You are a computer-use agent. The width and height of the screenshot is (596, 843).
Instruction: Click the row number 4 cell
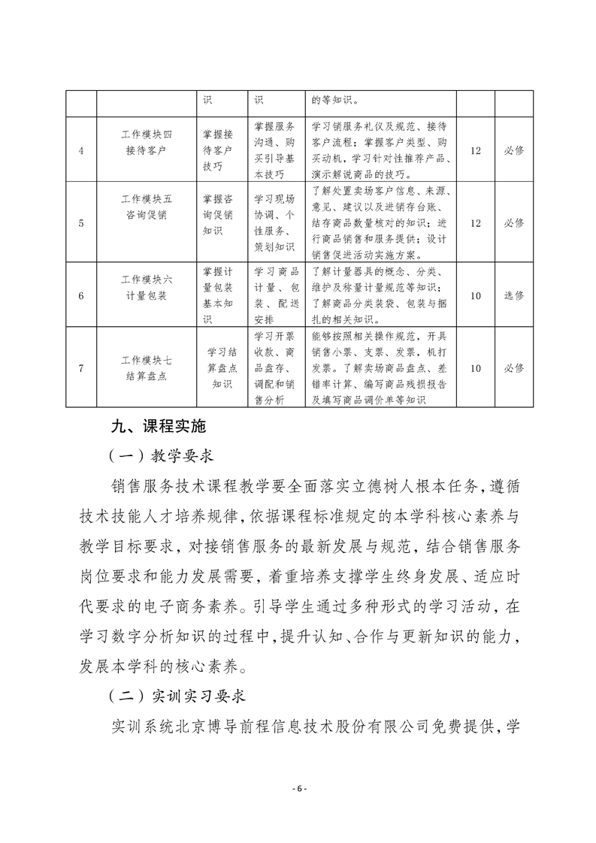pyautogui.click(x=80, y=150)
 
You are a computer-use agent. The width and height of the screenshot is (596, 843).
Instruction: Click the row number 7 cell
pyautogui.click(x=80, y=368)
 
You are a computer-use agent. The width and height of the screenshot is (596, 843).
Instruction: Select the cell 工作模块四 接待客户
pyautogui.click(x=147, y=142)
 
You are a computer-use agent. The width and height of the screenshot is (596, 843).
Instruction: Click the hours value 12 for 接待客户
pyautogui.click(x=475, y=150)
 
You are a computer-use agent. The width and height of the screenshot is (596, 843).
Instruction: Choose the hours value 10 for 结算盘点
pyautogui.click(x=475, y=368)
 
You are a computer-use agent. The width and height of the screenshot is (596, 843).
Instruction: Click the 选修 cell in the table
pyautogui.click(x=514, y=295)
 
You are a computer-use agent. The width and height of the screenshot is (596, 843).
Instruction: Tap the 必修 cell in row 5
pyautogui.click(x=514, y=223)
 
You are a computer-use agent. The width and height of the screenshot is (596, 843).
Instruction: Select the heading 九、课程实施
pyautogui.click(x=158, y=426)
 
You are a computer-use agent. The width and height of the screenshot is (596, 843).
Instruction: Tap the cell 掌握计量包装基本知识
pyautogui.click(x=222, y=295)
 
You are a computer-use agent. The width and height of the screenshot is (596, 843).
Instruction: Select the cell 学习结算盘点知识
pyautogui.click(x=222, y=368)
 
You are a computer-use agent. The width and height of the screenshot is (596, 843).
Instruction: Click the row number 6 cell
pyautogui.click(x=80, y=295)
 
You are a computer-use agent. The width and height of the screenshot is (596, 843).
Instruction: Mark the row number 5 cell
pyautogui.click(x=80, y=223)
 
